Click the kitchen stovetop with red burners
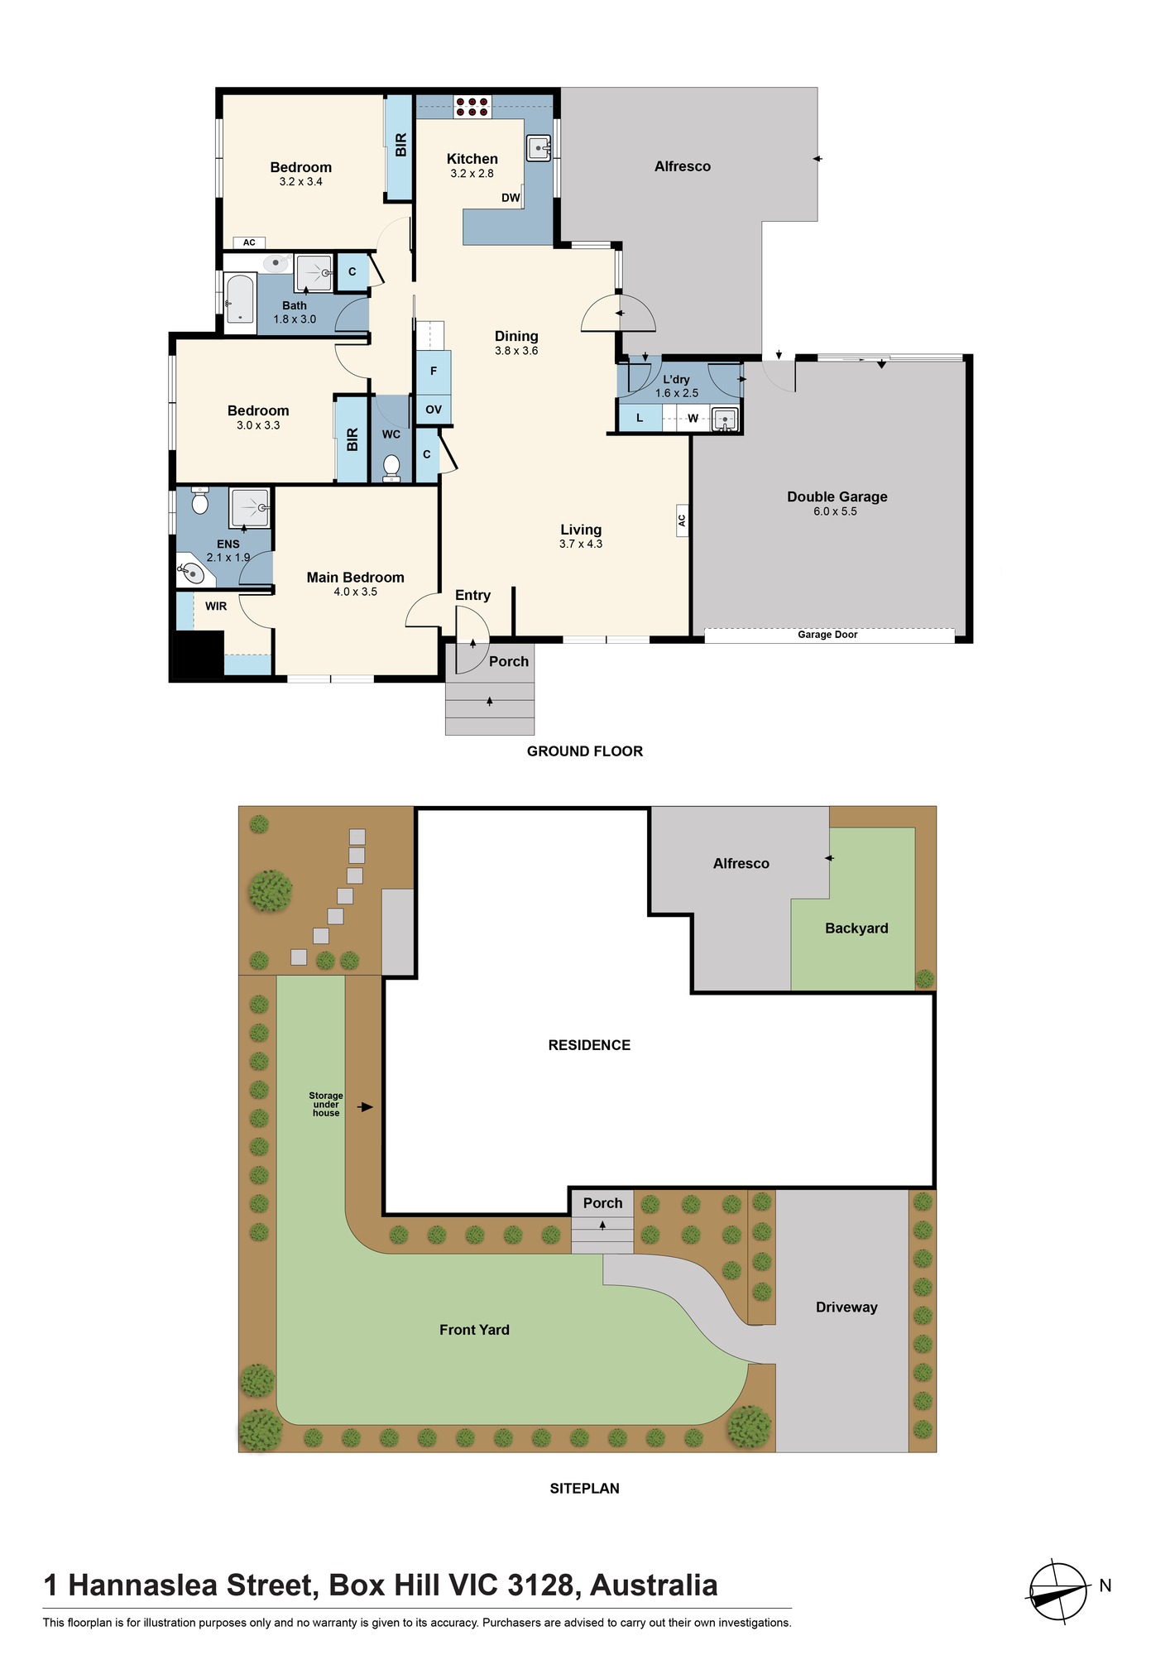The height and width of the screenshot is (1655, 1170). coord(472,107)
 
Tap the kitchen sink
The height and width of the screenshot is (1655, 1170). coord(539,148)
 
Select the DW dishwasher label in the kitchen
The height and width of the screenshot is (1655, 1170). coord(511,198)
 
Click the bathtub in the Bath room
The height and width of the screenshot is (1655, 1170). coord(240,299)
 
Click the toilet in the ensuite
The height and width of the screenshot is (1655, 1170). coord(199,500)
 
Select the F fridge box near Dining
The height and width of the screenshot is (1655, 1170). coord(434,372)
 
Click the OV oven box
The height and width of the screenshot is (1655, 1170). coord(434,410)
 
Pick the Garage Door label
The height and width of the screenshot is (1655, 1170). coord(827,635)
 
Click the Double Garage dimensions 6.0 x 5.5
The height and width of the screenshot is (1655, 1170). coord(835,511)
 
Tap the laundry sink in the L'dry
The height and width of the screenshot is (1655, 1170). coord(725,420)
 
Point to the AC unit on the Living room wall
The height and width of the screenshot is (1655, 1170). coord(683,520)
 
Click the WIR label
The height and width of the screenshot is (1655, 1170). coord(216,607)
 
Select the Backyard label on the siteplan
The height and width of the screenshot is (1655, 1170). coord(856,928)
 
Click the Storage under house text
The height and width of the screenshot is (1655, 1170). coord(326,1105)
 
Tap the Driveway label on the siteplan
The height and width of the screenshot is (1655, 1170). coord(846,1307)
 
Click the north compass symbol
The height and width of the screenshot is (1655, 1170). coord(1058,1591)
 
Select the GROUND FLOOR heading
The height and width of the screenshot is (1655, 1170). coord(585,751)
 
